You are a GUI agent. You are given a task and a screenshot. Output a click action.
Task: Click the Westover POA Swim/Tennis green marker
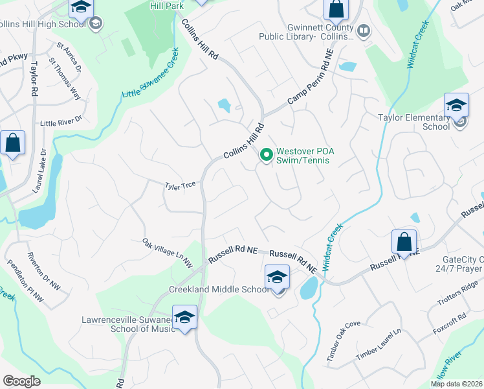[x=265, y=155]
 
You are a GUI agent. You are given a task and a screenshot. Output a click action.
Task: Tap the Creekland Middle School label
[x=218, y=289]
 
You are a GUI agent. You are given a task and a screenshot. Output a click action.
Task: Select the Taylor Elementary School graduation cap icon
[x=456, y=105]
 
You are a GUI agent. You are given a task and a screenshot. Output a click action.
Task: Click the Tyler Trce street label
[x=180, y=185]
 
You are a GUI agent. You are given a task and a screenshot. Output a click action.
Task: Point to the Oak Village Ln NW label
[x=168, y=253]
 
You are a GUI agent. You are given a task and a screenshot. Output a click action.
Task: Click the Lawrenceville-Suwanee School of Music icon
[x=184, y=318]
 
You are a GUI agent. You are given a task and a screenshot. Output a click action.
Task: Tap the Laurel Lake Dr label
[x=39, y=171]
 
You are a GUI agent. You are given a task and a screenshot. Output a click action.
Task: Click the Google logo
[x=22, y=381]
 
